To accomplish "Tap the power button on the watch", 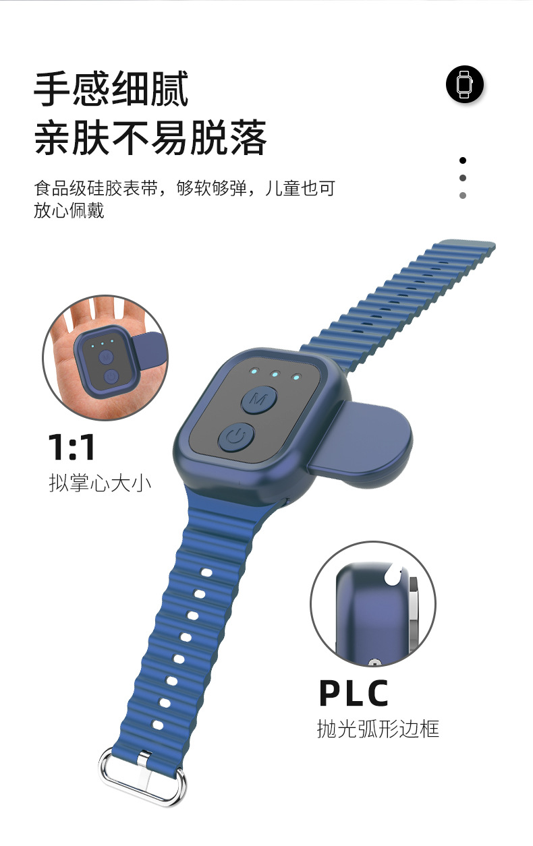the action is click(235, 439).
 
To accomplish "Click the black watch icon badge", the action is click(465, 85).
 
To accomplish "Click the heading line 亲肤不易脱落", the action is click(151, 138).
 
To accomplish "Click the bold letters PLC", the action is click(354, 693).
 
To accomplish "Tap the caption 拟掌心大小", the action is click(100, 483).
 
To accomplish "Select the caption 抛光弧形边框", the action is click(378, 729).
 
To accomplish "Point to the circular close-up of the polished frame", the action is click(373, 604).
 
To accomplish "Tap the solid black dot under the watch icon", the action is click(463, 160).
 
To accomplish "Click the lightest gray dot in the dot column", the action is click(463, 195).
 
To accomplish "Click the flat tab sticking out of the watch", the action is click(364, 437).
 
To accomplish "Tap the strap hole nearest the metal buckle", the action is click(157, 725).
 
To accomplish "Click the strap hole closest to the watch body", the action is click(206, 573).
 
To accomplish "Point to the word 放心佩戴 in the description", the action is click(69, 210).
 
